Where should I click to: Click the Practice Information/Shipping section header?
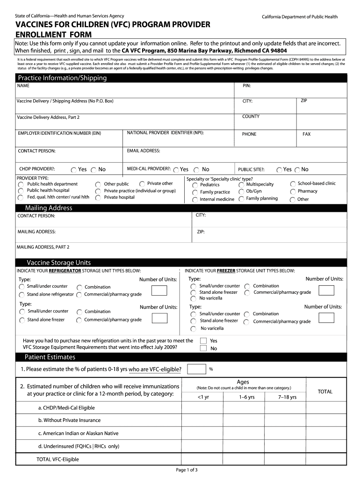coord(62,78)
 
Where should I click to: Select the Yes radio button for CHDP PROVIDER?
coord(74,170)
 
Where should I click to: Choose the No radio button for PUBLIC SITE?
coord(297,170)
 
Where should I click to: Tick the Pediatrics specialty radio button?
coord(195,185)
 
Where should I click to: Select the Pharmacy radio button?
coord(292,191)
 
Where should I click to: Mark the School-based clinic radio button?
coord(293,184)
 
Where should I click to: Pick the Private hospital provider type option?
coord(98,198)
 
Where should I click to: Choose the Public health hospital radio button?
coord(21,191)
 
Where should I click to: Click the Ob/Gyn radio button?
coord(241,191)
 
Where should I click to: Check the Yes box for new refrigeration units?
coord(203,341)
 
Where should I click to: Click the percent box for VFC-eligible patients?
coord(196,369)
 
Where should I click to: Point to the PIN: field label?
coord(247,86)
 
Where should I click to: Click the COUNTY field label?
coord(251,116)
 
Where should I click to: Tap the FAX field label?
coord(306,134)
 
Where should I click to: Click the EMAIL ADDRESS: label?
coord(144,151)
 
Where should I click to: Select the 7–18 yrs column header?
coord(287,397)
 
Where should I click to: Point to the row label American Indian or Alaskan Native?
coord(78,433)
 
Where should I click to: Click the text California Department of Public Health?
coord(299,17)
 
